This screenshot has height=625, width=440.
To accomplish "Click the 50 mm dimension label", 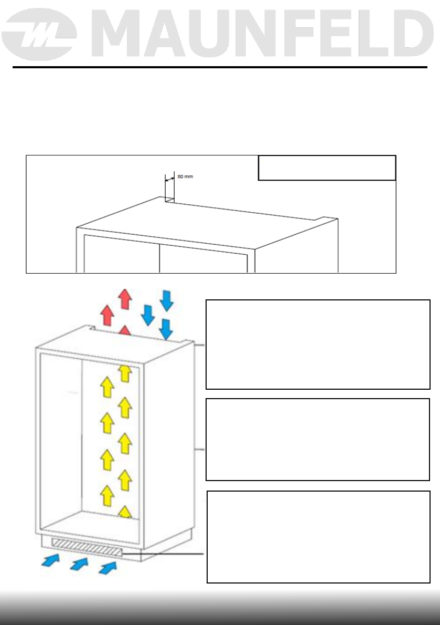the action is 185,177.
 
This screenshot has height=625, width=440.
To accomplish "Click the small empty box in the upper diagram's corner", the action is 327,168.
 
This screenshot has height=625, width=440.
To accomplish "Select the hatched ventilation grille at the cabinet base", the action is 87,552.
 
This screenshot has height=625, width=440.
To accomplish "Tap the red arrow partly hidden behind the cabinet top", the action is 125,330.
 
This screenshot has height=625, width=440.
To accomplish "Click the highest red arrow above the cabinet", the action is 125,298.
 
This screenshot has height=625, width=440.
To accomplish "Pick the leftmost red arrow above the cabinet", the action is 107,315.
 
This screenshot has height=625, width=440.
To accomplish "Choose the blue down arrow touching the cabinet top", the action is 166,328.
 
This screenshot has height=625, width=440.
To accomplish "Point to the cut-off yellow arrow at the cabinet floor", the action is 125,512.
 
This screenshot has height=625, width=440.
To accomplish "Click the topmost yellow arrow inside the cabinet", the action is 124,373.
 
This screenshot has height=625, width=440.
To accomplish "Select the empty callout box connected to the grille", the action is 319,537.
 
